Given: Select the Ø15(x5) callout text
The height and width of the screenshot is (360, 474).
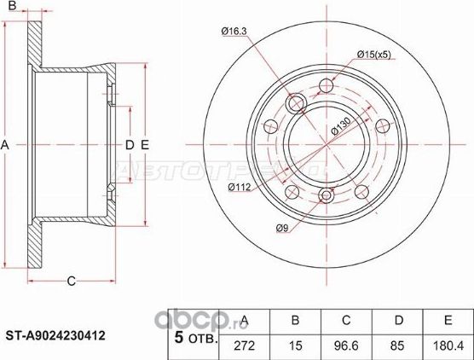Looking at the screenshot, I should click(x=373, y=56).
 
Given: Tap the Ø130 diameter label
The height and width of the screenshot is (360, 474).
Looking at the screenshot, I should click(x=342, y=127).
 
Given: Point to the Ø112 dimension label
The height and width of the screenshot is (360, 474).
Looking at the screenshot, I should click(x=240, y=188).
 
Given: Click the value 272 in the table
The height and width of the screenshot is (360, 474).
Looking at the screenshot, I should click(x=246, y=345).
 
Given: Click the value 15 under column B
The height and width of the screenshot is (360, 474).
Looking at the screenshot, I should click(x=296, y=345).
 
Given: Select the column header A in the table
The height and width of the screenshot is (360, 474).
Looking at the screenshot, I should click(x=246, y=322).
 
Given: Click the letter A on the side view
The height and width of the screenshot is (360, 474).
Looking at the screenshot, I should click(x=5, y=146).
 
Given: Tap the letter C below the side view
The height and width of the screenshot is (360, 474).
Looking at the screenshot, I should click(x=72, y=280).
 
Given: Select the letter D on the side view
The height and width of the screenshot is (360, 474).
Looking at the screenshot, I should click(x=130, y=146).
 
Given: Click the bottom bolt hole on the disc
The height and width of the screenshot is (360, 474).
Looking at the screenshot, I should click(x=327, y=198).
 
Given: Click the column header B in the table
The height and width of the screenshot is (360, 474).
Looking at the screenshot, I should click(x=296, y=322).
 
